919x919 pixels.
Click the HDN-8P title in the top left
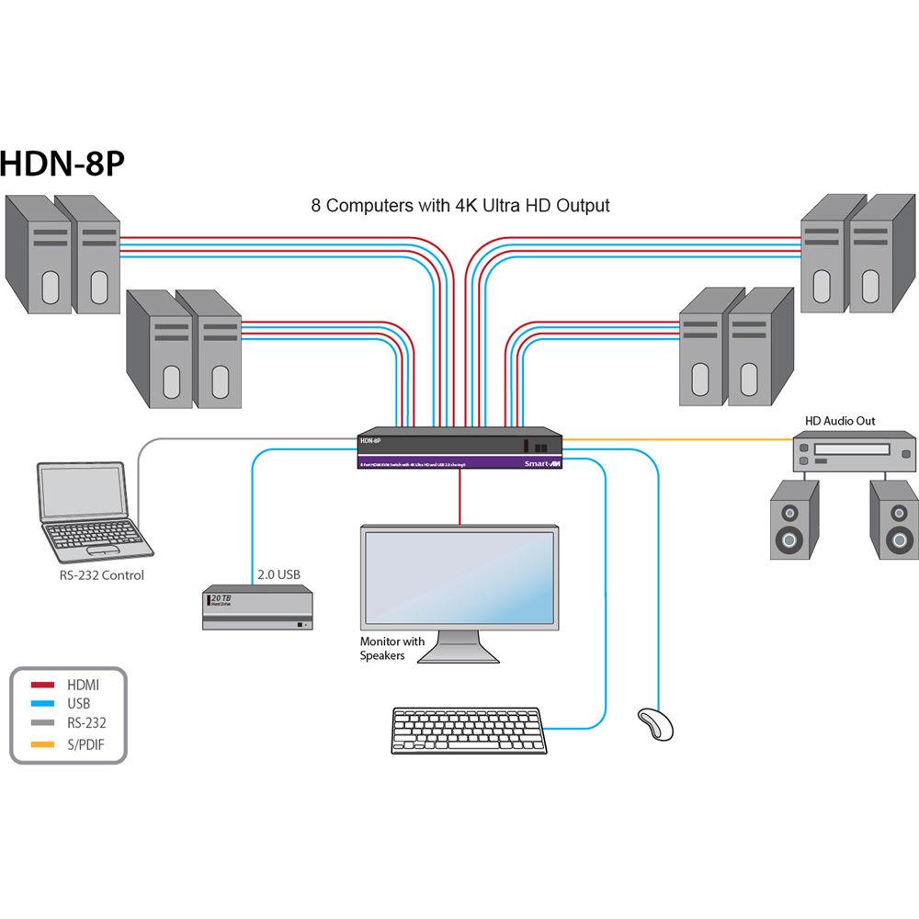click(x=62, y=164)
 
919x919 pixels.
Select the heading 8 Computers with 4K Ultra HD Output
click(x=459, y=205)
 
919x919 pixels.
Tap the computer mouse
click(x=656, y=722)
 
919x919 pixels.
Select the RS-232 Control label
click(x=101, y=576)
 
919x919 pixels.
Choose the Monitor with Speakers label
click(x=392, y=648)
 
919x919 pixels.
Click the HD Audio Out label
click(x=840, y=421)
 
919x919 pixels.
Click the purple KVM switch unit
click(x=459, y=450)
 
